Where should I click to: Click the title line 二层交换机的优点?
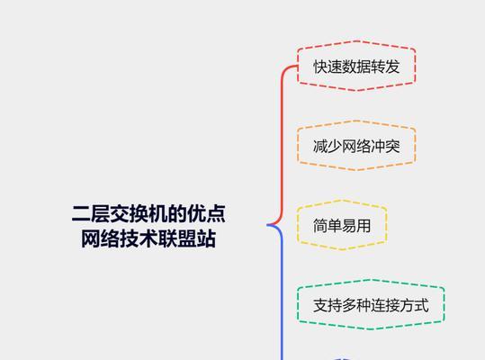[x=148, y=213]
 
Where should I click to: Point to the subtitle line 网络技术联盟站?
[x=148, y=238]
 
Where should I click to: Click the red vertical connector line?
[x=282, y=142]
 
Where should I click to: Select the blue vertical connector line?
[x=282, y=293]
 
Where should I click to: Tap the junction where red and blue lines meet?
[x=268, y=225]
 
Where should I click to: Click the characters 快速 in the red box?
[x=328, y=67]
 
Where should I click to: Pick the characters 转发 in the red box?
[x=385, y=67]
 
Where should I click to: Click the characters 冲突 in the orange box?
[x=385, y=147]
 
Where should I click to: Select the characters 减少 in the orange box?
[x=328, y=147]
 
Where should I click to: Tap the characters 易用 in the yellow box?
[x=356, y=226]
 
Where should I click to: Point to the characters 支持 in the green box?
[x=328, y=305]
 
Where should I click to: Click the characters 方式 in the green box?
[x=414, y=305]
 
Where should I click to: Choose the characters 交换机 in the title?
[x=139, y=213]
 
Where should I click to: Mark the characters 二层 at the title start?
[x=91, y=213]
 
